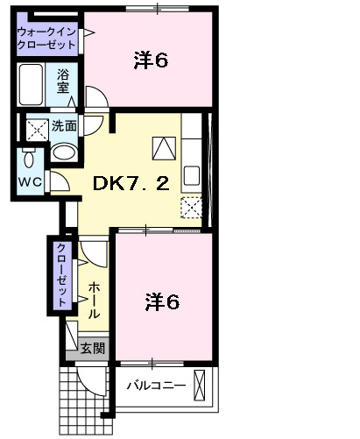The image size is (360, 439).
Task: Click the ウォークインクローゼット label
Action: tap(46, 38)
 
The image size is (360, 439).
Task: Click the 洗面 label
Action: tap(64, 126)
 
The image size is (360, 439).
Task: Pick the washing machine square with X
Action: tap(36, 130)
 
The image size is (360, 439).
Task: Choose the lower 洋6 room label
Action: tap(161, 302)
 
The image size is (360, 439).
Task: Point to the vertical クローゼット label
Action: tap(62, 273)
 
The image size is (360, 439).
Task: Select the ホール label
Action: tap(94, 298)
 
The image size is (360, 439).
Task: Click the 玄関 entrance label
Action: tap(93, 348)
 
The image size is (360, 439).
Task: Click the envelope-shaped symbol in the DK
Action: tap(162, 149)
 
